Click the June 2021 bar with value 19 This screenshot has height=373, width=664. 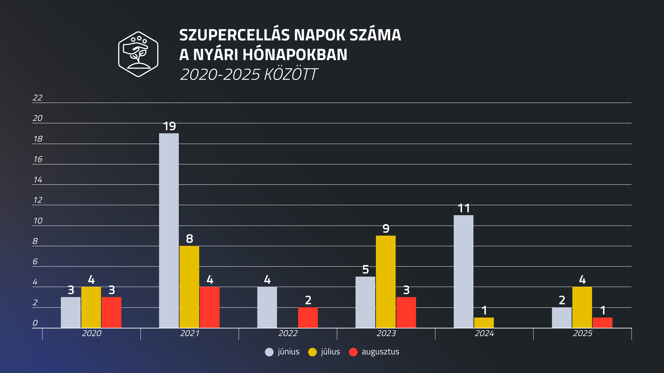pyautogui.click(x=169, y=230)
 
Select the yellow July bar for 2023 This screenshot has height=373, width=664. pyautogui.click(x=386, y=282)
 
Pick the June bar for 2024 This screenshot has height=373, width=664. pyautogui.click(x=463, y=271)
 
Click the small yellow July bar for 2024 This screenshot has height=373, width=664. pyautogui.click(x=484, y=323)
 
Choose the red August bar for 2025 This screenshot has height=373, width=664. pyautogui.click(x=602, y=323)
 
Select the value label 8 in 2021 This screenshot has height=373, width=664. pyautogui.click(x=190, y=239)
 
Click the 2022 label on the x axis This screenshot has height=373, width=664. pyautogui.click(x=288, y=333)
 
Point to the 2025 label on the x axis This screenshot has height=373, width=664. pyautogui.click(x=583, y=333)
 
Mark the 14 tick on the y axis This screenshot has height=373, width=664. pyautogui.click(x=38, y=180)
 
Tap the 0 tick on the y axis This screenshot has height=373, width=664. pyautogui.click(x=35, y=323)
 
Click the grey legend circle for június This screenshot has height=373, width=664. pyautogui.click(x=269, y=352)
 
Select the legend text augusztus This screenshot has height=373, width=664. pyautogui.click(x=380, y=352)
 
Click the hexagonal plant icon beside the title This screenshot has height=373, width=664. pyautogui.click(x=138, y=54)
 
